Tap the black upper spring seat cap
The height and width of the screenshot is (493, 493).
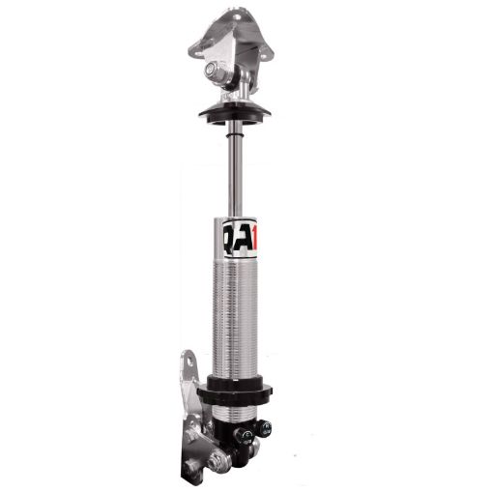[x=233, y=112]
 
